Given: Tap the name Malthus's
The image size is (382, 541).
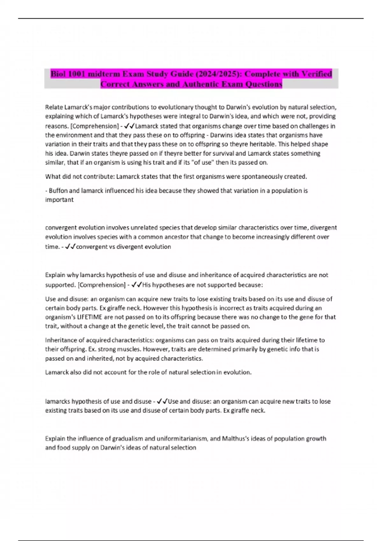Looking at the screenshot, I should click(237, 439).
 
